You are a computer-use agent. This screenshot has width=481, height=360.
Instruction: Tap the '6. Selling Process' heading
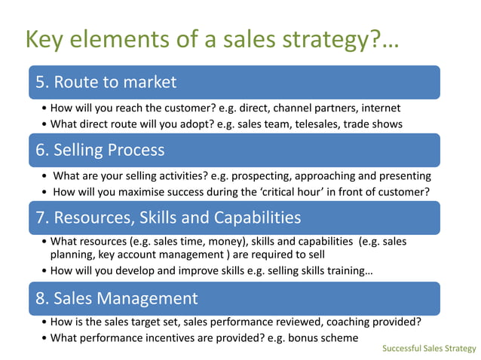pyautogui.click(x=100, y=150)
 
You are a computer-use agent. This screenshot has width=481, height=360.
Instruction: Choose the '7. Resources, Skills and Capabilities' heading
pyautogui.click(x=167, y=218)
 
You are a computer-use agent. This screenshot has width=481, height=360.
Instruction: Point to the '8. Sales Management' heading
pyautogui.click(x=116, y=298)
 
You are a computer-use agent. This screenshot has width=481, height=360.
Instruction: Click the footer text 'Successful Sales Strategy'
pyautogui.click(x=429, y=349)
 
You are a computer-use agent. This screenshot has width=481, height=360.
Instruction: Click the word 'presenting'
pyautogui.click(x=404, y=176)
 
